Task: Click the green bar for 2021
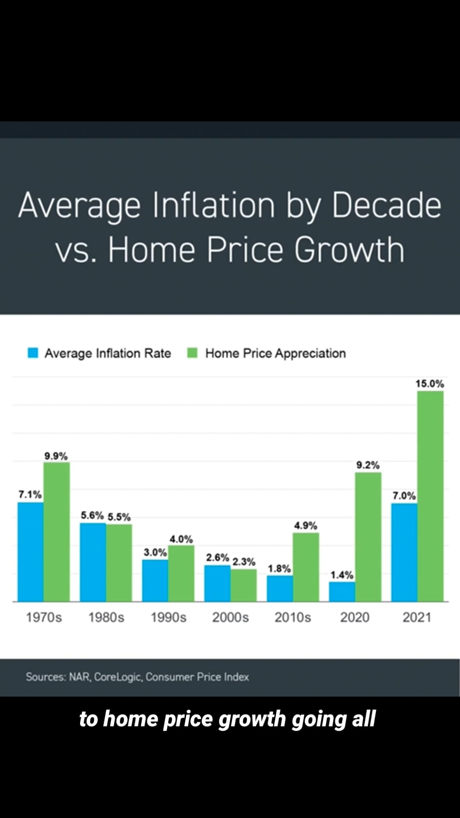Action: coord(430,496)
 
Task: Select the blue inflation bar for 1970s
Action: coord(30,552)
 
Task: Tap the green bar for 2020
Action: coord(368,537)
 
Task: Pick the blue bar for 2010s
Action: coord(280,588)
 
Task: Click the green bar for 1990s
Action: coord(181,573)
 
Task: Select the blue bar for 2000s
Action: coord(217,583)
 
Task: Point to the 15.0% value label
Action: coord(429,383)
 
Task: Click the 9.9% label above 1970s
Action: coord(56,456)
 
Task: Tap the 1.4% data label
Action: coord(342,575)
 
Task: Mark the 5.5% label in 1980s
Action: coord(119,517)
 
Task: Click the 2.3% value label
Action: coord(244,562)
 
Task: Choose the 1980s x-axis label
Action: coord(106,617)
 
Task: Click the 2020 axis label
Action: coord(354,617)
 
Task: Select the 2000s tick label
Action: coord(230,617)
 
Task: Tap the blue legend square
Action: coord(33,353)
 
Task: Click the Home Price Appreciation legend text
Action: coord(275,353)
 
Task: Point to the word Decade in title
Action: coord(386,205)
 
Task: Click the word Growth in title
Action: coord(349,250)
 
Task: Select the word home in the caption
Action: coord(131,719)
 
